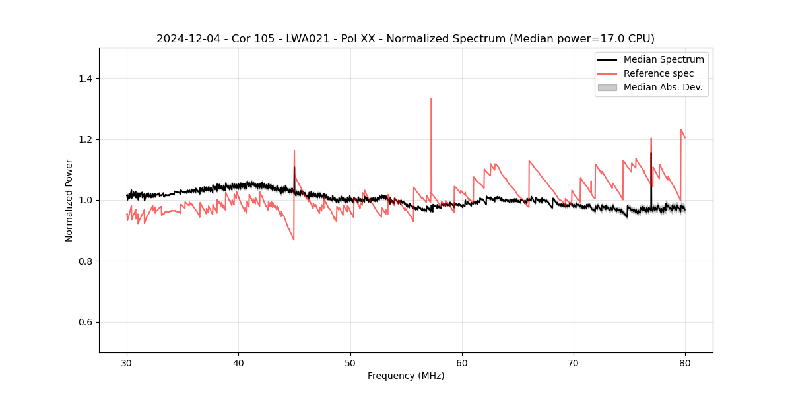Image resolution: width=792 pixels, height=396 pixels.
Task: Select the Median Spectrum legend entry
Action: click(x=663, y=59)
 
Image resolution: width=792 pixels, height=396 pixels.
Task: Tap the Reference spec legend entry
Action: click(x=658, y=73)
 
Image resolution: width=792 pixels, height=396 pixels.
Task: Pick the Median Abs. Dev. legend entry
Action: click(x=663, y=87)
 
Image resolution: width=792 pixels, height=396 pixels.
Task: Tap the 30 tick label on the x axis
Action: click(x=127, y=363)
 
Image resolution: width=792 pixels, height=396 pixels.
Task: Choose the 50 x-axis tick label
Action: click(x=350, y=363)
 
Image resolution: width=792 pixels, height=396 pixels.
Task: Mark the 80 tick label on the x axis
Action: click(x=685, y=363)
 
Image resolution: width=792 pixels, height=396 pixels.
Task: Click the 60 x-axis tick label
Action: click(x=462, y=363)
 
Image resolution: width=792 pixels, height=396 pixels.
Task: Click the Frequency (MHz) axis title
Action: click(x=406, y=376)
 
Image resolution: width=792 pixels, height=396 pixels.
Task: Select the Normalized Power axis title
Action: click(x=69, y=200)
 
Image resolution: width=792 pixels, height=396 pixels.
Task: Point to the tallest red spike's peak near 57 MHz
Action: click(x=431, y=99)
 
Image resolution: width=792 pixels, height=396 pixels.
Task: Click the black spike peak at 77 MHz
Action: click(x=651, y=154)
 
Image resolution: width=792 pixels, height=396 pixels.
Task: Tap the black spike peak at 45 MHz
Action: click(x=294, y=167)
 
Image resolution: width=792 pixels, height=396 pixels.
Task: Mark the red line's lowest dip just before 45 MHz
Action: click(x=294, y=240)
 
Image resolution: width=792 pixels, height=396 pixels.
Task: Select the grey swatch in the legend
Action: click(x=607, y=87)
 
